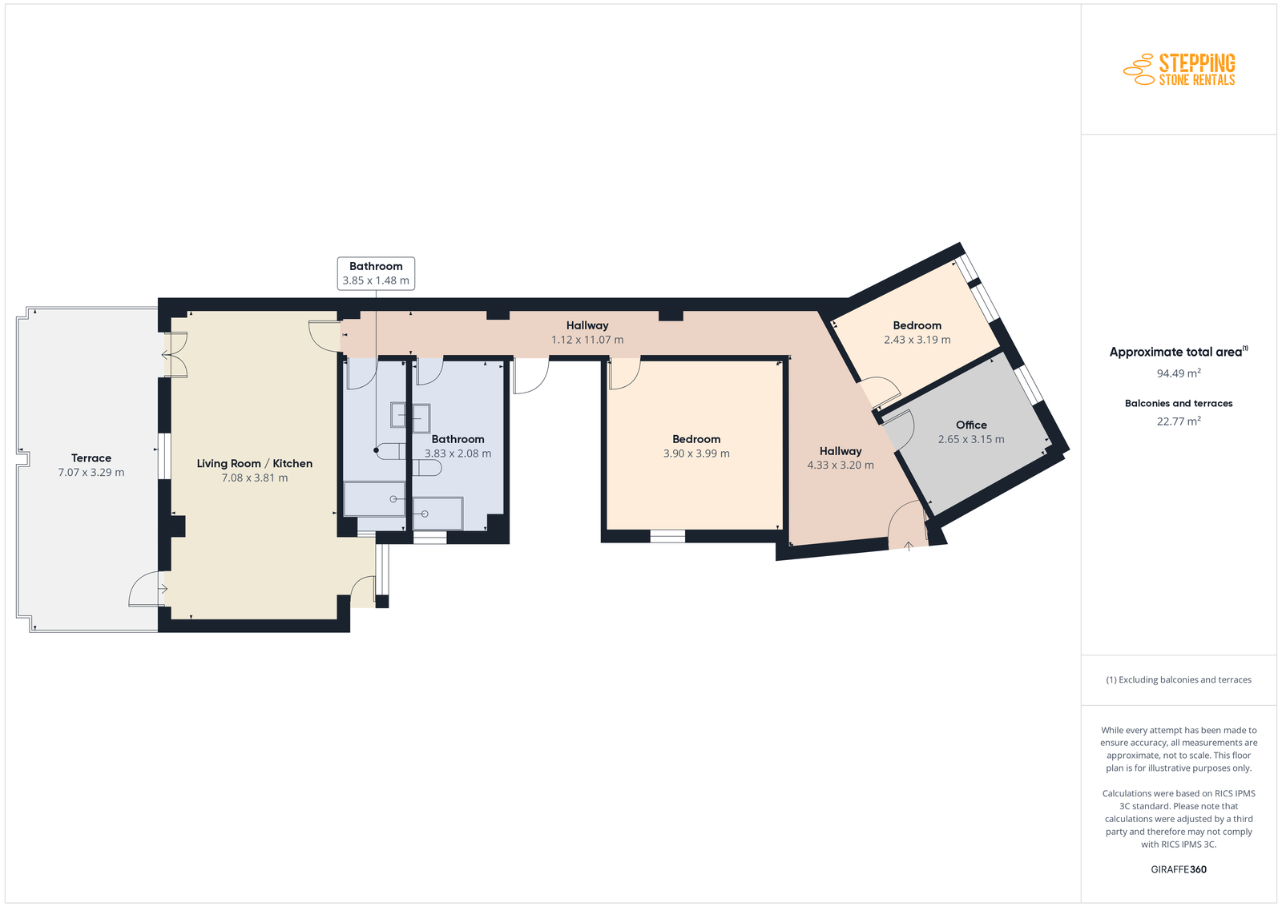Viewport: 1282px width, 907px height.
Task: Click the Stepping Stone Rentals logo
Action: pos(1179,69)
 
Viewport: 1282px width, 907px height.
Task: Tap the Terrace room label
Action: pos(91,458)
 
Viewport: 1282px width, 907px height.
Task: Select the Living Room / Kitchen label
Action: pos(255,463)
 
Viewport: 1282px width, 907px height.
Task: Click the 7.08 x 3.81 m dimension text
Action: pos(255,478)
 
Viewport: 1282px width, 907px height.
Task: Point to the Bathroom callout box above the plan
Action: pos(376,273)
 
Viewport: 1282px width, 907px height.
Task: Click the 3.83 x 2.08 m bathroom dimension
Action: pos(458,453)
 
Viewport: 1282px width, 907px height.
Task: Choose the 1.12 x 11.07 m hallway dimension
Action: pos(587,340)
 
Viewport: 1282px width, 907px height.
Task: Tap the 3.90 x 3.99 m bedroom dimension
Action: pos(696,453)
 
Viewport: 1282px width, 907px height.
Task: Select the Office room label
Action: pos(971,425)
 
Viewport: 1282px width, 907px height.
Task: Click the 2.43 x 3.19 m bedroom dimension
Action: pos(917,340)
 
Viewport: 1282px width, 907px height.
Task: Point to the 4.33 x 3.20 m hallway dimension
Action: pos(841,466)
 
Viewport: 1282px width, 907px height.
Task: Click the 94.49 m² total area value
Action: pos(1179,373)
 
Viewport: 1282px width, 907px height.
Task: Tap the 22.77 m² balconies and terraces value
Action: pos(1179,421)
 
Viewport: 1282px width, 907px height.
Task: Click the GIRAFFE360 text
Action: pos(1179,869)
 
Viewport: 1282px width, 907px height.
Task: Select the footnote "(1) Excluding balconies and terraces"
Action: pos(1179,679)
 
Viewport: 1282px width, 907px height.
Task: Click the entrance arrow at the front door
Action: pos(909,546)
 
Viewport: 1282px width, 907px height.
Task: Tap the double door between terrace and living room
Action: pos(174,356)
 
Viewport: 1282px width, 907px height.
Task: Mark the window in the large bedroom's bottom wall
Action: pos(668,536)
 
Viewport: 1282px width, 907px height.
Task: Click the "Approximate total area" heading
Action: pos(1179,352)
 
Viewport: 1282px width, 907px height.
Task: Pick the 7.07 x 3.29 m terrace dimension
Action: pos(91,472)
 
